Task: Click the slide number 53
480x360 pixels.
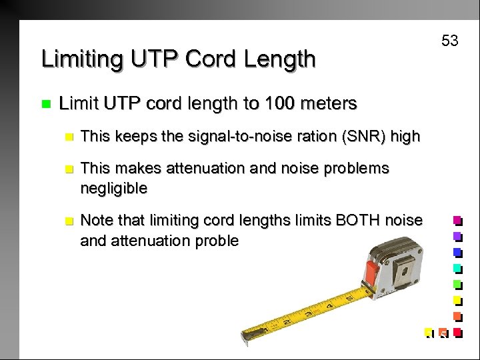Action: point(450,41)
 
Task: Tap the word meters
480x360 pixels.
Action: point(327,103)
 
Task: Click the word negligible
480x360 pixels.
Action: point(113,188)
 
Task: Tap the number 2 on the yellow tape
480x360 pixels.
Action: point(285,322)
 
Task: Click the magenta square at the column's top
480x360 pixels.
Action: point(457,221)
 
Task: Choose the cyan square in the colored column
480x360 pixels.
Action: point(457,269)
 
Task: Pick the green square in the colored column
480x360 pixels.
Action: point(457,285)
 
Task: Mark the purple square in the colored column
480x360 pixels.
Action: point(457,237)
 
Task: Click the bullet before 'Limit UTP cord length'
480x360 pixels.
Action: point(46,104)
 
